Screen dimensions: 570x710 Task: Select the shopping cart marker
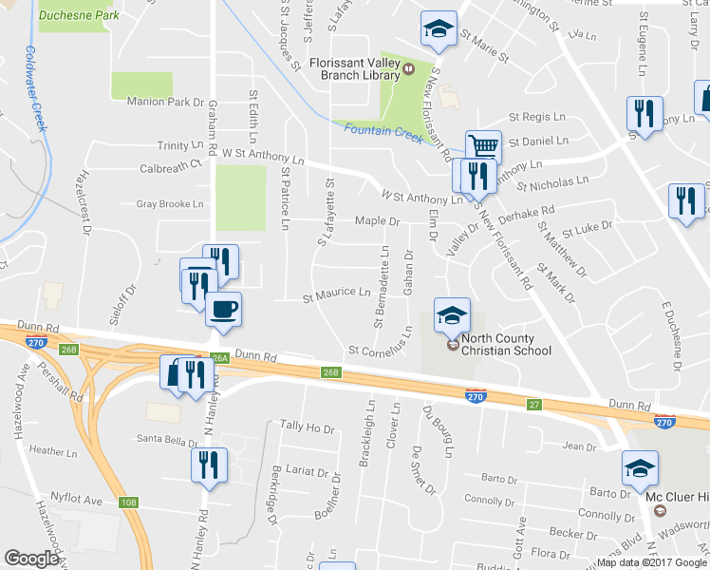point(483,145)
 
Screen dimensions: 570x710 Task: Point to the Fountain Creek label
point(383,129)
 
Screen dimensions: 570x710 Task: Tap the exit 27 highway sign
point(534,405)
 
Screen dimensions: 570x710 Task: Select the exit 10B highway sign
point(129,503)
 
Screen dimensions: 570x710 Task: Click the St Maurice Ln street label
point(336,293)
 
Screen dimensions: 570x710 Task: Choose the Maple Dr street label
point(378,221)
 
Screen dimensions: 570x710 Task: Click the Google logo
point(32,558)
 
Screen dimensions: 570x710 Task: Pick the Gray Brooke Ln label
point(171,203)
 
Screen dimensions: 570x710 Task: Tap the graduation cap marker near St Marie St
point(439,28)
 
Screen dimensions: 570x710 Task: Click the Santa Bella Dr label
point(167,439)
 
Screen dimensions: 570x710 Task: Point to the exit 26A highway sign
point(219,358)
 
